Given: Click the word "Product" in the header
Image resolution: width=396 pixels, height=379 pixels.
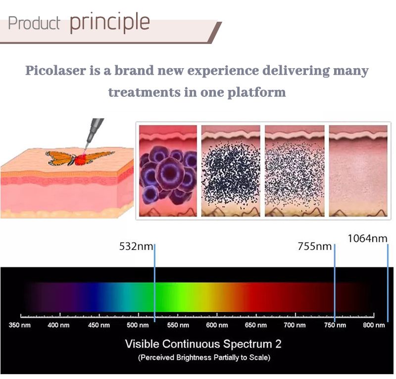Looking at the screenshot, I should point(34,23).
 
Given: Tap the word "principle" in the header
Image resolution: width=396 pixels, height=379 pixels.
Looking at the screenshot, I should point(109,22).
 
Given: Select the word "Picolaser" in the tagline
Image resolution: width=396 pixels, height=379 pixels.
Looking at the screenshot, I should point(55,71).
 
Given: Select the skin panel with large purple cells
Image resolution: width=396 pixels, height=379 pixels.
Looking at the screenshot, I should point(168,170).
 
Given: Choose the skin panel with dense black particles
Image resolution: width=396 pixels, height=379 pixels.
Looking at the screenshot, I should point(231,170).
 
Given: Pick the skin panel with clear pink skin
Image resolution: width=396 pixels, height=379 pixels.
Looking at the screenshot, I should point(358,170).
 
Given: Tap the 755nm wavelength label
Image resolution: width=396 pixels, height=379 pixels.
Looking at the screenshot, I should point(314,246).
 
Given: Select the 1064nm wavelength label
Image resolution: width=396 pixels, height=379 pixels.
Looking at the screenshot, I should point(367,238).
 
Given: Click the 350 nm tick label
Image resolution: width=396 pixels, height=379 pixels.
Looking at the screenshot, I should point(20,325).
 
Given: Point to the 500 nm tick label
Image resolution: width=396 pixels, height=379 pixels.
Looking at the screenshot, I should point(138,325).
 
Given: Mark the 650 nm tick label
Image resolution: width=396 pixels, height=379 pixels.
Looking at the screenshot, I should point(256,325).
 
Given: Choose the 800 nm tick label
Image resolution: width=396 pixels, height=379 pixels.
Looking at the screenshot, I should point(374,325).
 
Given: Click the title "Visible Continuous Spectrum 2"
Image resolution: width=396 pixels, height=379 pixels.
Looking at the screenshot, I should point(203,343).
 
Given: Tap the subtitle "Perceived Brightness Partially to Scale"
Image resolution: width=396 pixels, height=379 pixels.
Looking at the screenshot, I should point(203,357).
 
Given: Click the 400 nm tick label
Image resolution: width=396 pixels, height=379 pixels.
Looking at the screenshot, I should point(59,325).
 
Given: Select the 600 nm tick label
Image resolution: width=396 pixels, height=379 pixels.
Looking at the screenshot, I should point(217,325).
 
